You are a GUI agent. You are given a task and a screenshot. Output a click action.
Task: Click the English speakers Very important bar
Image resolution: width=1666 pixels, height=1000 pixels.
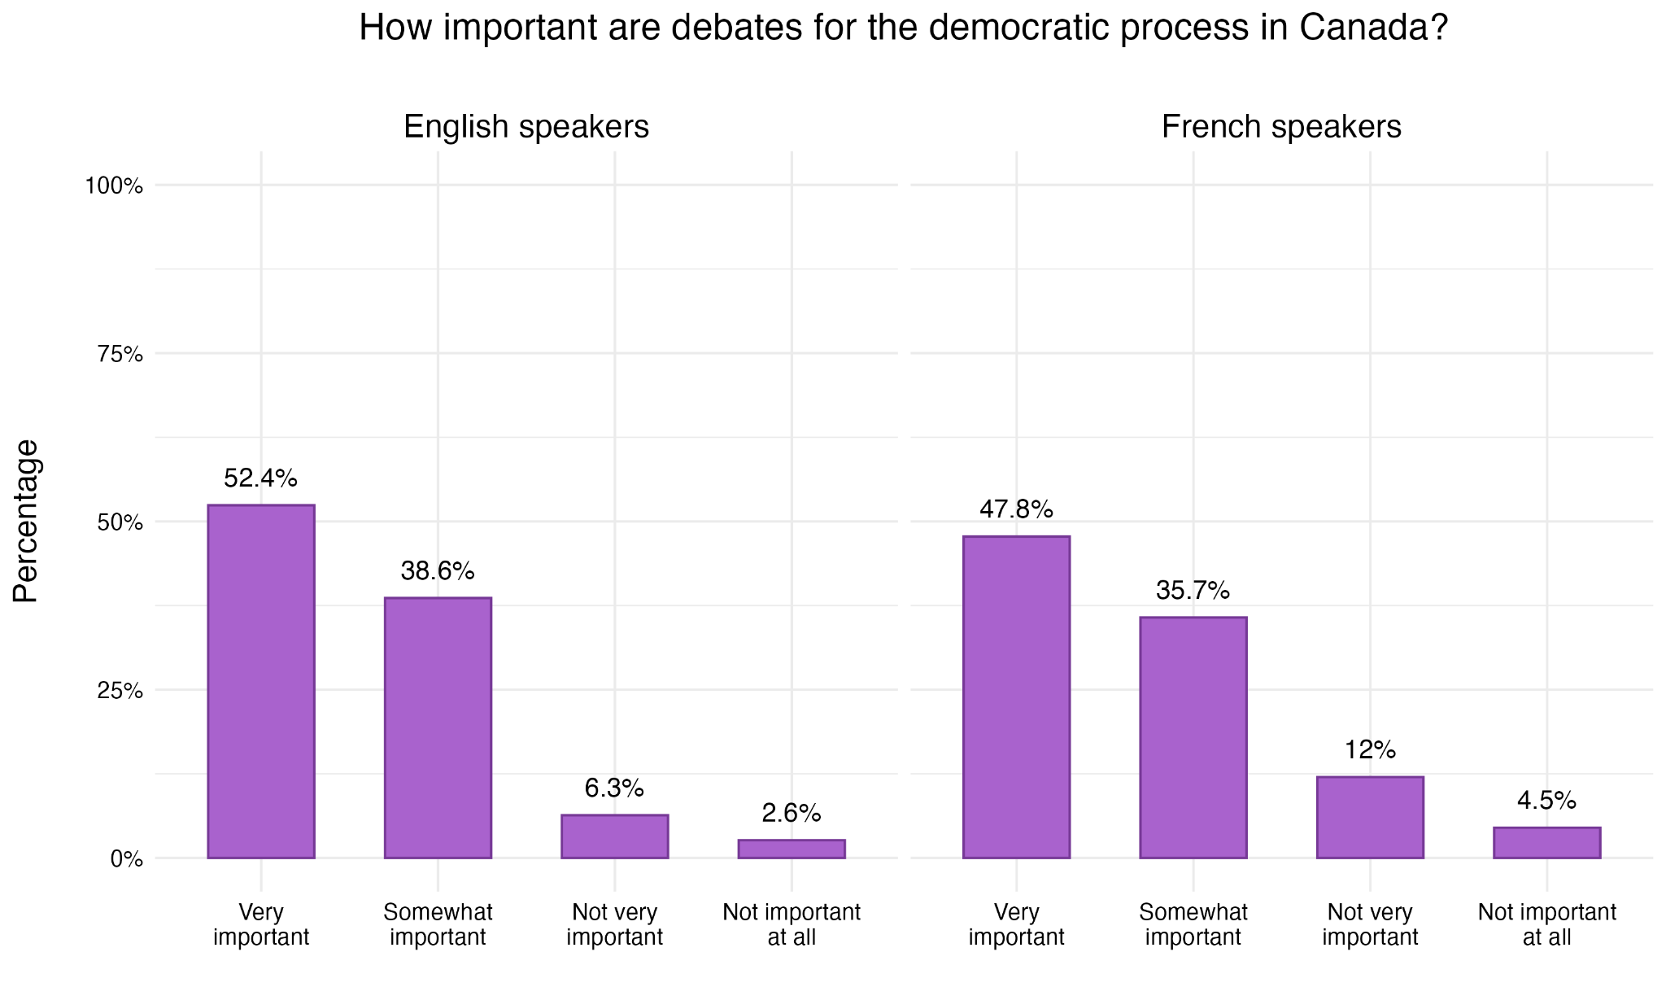(x=260, y=682)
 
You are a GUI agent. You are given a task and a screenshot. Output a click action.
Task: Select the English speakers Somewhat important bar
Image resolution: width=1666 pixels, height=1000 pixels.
(x=438, y=728)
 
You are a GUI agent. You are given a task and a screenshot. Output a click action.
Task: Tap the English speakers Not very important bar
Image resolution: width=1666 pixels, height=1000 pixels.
(x=614, y=836)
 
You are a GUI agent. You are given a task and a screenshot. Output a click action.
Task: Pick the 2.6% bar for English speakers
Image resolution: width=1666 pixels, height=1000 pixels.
(x=792, y=849)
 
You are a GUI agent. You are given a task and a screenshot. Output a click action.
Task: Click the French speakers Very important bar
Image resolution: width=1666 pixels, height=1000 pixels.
(x=1016, y=697)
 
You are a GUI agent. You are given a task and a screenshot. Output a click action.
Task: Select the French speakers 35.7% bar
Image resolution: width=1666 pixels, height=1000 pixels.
(x=1193, y=738)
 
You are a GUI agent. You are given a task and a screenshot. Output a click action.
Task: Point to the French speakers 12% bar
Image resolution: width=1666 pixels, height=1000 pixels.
(x=1370, y=818)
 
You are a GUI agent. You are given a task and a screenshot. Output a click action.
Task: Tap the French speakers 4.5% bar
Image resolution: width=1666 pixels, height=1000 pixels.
(x=1546, y=843)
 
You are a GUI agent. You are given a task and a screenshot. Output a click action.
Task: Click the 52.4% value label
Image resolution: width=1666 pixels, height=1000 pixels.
(x=260, y=478)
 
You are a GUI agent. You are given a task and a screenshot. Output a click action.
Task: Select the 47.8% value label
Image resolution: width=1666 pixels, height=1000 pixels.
(x=1016, y=510)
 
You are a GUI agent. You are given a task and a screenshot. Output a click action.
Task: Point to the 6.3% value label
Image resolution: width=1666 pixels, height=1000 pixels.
(x=614, y=788)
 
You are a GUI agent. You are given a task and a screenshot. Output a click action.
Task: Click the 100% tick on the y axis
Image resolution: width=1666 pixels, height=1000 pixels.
(x=114, y=186)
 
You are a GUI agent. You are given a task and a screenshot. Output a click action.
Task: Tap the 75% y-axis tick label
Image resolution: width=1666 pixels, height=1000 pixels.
(x=120, y=354)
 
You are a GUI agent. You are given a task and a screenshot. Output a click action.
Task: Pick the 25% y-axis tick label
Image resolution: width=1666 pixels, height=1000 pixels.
(x=120, y=691)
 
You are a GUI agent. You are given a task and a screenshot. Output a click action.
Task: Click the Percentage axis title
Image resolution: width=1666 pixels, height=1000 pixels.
(x=26, y=521)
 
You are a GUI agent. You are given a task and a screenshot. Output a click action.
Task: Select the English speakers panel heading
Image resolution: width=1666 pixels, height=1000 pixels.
(x=526, y=128)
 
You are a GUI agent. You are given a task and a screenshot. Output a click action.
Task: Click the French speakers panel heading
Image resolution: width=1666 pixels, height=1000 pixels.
(x=1281, y=128)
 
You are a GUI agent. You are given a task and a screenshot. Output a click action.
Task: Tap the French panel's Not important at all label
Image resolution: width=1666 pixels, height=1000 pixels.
(x=1546, y=924)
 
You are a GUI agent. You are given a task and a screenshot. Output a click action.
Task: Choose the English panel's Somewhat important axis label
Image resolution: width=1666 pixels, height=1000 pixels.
(x=438, y=924)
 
